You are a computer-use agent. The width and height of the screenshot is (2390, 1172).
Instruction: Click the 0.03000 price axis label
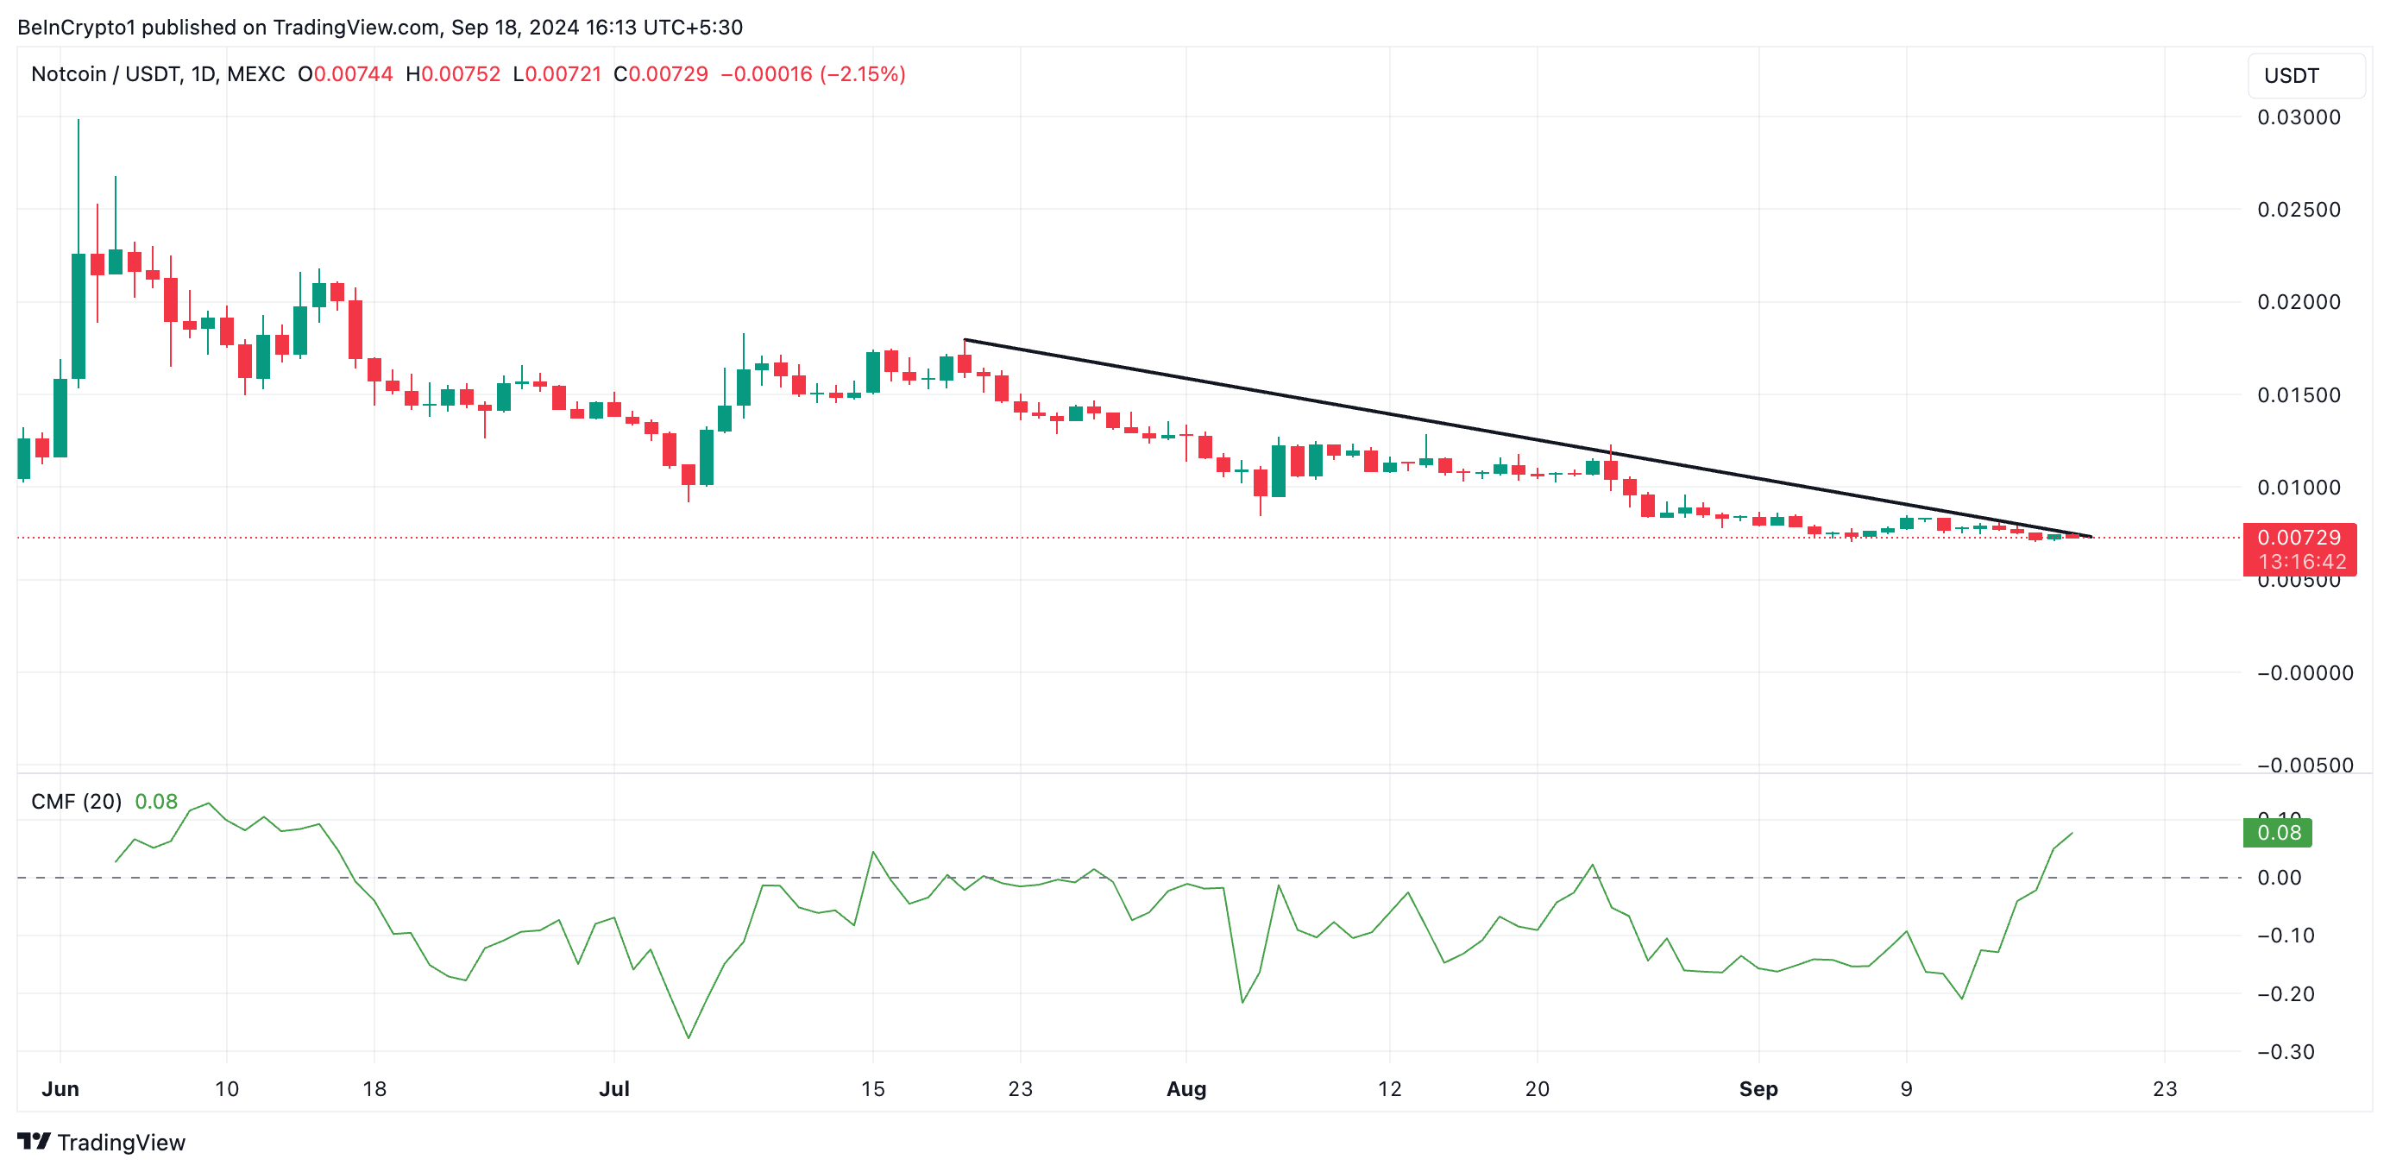click(x=2299, y=117)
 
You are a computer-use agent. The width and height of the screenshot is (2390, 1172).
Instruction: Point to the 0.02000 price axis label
click(x=2299, y=301)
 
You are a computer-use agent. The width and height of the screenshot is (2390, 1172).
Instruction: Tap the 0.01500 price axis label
click(x=2299, y=394)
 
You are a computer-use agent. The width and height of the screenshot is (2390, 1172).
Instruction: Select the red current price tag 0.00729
click(x=2299, y=539)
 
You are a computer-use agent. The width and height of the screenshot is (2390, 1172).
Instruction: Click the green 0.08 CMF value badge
click(x=2278, y=832)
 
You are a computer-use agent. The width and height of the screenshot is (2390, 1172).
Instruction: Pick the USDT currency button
click(x=2291, y=76)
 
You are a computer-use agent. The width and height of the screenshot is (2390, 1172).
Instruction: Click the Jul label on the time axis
click(x=614, y=1088)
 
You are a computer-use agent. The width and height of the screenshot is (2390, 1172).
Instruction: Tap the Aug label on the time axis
click(x=1186, y=1088)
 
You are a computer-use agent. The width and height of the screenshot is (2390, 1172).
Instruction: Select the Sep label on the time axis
click(x=1758, y=1088)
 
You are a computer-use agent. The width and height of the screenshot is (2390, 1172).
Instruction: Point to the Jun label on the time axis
click(x=60, y=1088)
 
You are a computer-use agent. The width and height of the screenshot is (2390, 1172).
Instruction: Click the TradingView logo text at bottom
click(x=121, y=1143)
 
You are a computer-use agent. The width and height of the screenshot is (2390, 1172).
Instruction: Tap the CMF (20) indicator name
click(x=76, y=802)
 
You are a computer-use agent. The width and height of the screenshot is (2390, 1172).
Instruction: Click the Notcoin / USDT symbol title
click(x=106, y=74)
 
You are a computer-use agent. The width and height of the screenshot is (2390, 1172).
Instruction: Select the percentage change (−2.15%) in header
click(x=863, y=74)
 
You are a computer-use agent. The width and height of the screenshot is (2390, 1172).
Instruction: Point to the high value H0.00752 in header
click(x=453, y=74)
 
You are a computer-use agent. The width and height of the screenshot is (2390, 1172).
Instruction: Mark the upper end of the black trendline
click(x=965, y=340)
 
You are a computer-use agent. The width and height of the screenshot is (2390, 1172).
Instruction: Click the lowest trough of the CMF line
click(x=689, y=1037)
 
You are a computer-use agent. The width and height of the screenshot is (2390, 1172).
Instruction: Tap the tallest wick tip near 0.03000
click(x=79, y=120)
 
